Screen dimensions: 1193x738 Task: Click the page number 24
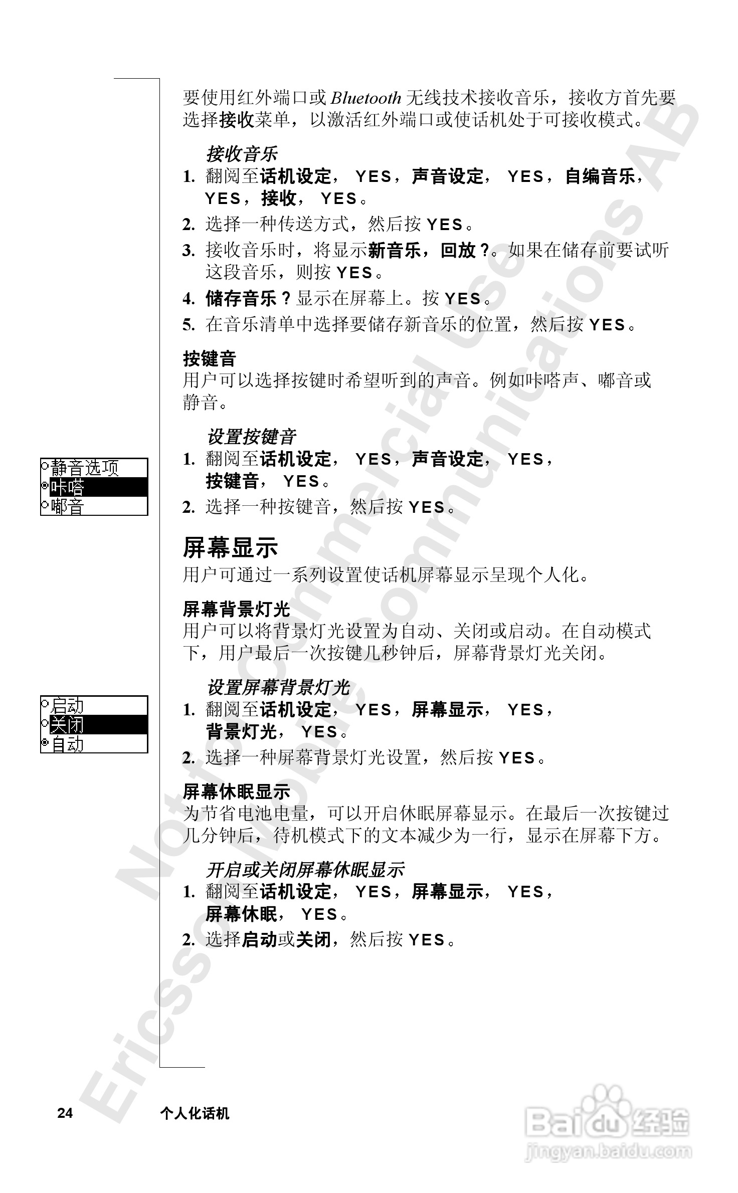(65, 1113)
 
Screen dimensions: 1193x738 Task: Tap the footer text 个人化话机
(195, 1113)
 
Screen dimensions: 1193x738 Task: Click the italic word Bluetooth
(366, 98)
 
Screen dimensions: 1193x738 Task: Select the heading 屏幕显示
(230, 547)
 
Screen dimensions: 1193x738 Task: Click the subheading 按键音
(209, 359)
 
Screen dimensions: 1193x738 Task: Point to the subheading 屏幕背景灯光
(236, 610)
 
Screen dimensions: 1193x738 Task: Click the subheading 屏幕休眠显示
(236, 792)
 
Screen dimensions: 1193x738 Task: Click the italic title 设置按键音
(251, 437)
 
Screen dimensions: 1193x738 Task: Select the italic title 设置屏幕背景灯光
(278, 688)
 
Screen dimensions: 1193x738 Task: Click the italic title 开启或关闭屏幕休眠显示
(305, 870)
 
